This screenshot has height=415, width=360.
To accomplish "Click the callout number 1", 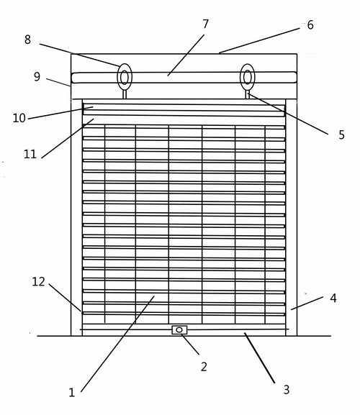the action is [72, 392].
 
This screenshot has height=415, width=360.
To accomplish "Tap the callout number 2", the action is [204, 367].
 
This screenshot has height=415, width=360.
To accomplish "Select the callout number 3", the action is [286, 390].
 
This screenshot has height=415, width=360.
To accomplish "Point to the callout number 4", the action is [333, 298].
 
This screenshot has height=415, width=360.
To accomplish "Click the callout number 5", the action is [341, 134].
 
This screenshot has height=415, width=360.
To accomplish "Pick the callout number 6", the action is [310, 25].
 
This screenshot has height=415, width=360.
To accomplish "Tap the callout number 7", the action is [206, 24].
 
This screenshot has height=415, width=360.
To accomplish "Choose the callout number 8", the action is [27, 40].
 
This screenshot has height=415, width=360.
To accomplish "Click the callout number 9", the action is [37, 76].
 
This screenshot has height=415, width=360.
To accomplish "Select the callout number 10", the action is [19, 118].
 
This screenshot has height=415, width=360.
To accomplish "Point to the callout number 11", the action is [30, 154].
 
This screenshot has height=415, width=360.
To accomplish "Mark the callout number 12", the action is [38, 282].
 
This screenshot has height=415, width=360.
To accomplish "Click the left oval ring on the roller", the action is [118, 77].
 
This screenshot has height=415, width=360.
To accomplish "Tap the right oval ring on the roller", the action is [240, 77].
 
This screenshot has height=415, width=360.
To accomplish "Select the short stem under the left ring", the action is [125, 94].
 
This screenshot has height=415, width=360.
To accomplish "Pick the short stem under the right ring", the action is [248, 94].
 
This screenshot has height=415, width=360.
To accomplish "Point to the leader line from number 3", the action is [260, 358].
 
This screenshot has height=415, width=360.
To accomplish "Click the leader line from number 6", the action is [259, 41].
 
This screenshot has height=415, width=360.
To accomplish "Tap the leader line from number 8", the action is [79, 55].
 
